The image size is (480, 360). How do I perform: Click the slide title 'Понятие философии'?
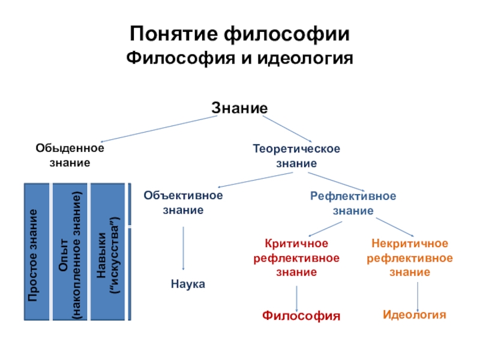(239, 34)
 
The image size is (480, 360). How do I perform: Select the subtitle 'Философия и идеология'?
(239, 59)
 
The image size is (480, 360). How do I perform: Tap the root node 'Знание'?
(239, 108)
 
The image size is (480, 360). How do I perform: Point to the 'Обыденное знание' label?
(70, 155)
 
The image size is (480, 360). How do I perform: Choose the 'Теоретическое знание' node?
(296, 155)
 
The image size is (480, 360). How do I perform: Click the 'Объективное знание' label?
(183, 203)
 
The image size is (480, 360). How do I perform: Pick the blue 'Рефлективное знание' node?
(353, 203)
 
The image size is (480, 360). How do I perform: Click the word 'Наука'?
(187, 284)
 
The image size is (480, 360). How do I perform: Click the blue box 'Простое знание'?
(36, 251)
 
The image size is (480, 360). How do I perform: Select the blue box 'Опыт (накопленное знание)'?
(67, 251)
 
